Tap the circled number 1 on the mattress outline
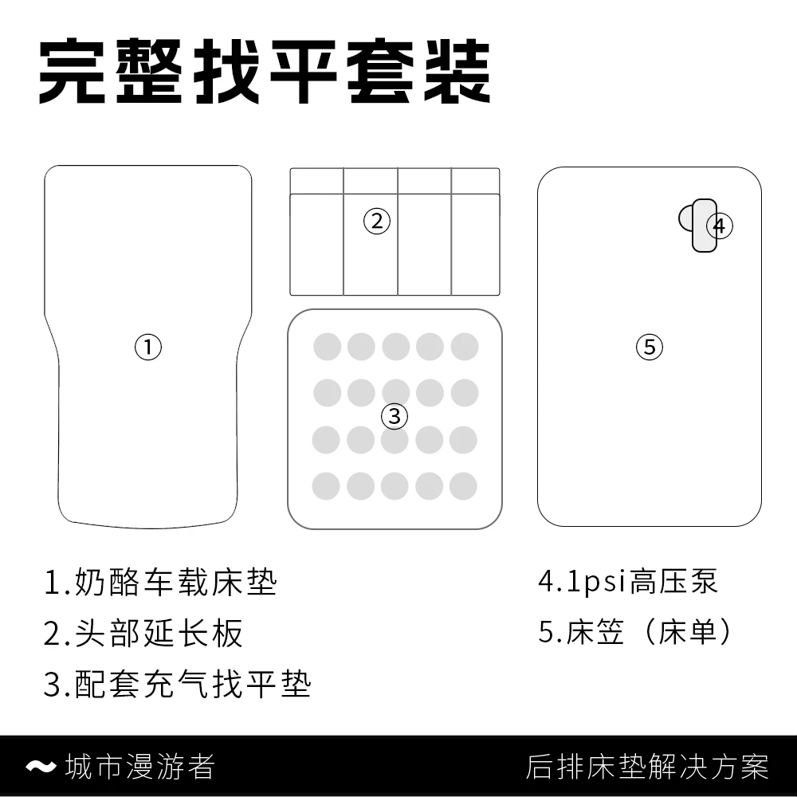[147, 347]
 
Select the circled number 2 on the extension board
[377, 220]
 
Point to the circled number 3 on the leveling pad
[395, 415]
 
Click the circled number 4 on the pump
[719, 226]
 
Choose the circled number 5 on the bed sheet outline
[650, 347]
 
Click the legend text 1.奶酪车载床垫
[160, 583]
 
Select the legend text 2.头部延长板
[143, 634]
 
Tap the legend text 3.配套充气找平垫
[177, 684]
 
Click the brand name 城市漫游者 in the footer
[140, 767]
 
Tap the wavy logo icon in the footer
[41, 767]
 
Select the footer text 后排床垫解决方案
[647, 767]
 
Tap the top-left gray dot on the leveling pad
[328, 347]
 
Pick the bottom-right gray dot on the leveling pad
[463, 485]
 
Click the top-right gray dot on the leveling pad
[464, 347]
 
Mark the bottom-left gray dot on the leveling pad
[327, 485]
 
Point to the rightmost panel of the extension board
[475, 239]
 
